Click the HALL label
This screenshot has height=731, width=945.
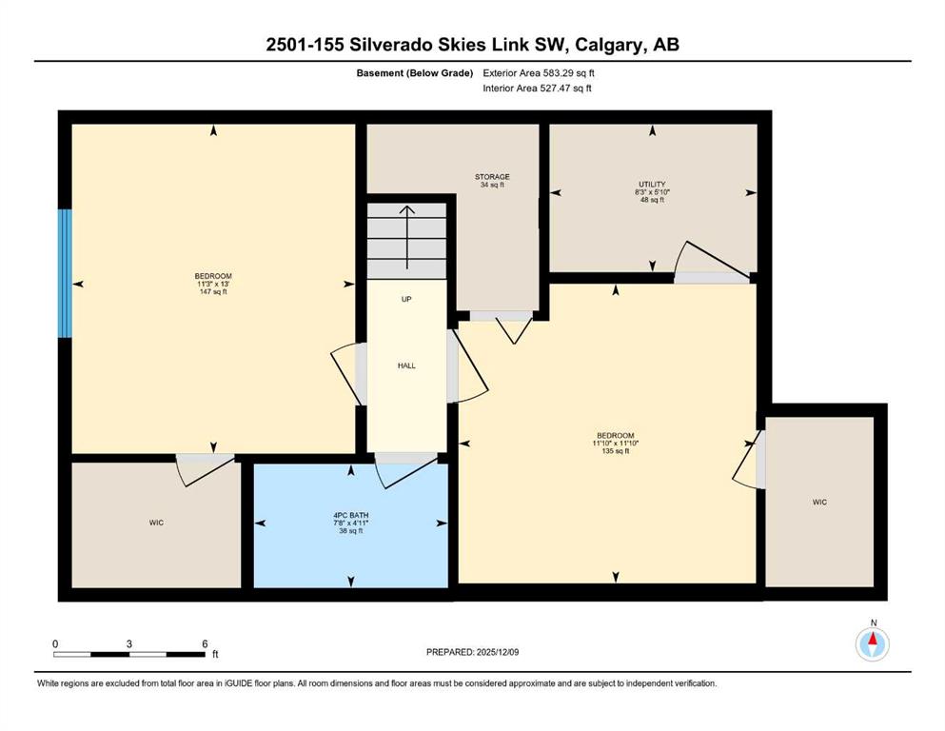coord(406,365)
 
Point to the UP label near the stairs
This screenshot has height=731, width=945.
coord(406,299)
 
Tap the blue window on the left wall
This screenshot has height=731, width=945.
coord(64,273)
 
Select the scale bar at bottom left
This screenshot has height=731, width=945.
coord(129,654)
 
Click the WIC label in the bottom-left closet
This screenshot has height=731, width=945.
coord(156,523)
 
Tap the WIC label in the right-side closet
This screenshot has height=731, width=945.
coord(819,502)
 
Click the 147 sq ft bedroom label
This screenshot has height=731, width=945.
coord(214,284)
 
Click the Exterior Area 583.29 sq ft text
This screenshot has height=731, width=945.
coord(541,72)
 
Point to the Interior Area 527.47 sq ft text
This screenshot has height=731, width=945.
coord(539,89)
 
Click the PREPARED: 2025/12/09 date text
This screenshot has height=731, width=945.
coord(473,652)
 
